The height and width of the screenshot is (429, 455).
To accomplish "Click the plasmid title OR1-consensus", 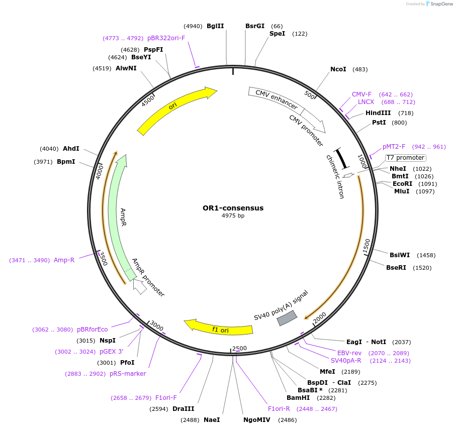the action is (233, 208).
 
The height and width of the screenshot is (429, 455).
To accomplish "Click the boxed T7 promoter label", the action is (405, 158).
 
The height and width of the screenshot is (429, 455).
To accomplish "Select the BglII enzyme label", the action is (215, 26).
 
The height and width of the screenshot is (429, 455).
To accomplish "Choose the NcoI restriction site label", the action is (338, 69).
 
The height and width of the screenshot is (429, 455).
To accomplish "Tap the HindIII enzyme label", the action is (378, 113).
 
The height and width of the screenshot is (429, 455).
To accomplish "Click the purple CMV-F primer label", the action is (361, 94).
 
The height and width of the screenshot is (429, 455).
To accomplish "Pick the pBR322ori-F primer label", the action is (166, 38).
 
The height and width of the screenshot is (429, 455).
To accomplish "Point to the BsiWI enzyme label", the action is (400, 255).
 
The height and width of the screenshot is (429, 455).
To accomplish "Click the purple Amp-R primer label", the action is (64, 260).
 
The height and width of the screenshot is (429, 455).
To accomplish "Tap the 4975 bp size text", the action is (233, 216).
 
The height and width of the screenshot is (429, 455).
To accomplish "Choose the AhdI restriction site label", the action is (71, 149).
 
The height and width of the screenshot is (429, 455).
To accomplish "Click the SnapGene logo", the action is (439, 4).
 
